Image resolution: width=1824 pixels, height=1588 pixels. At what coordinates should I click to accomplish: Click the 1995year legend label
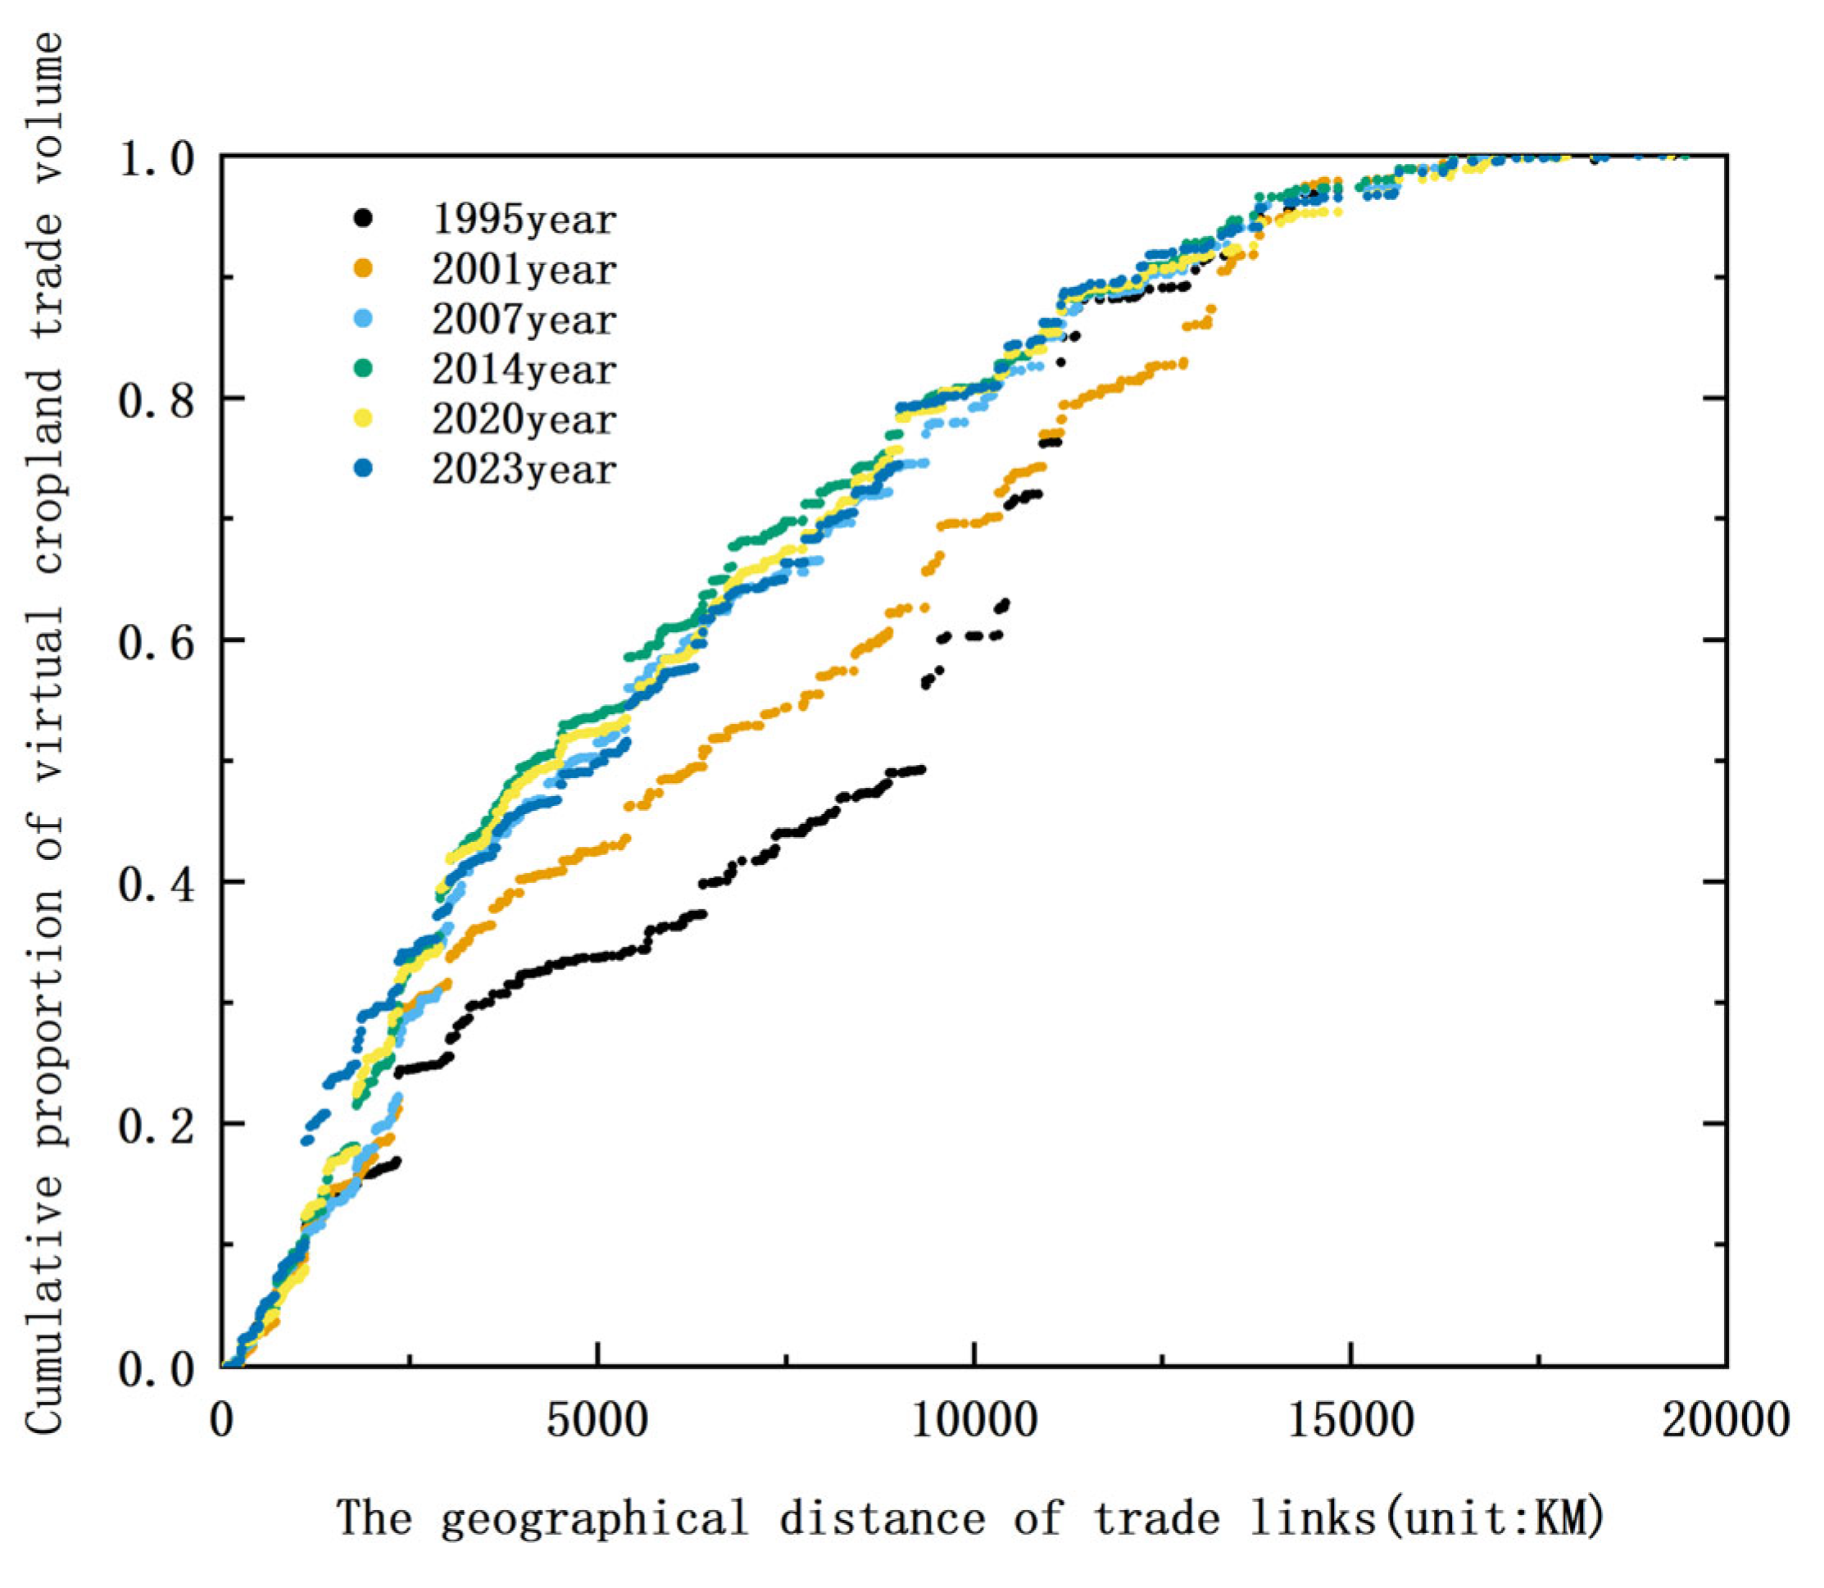click(x=524, y=220)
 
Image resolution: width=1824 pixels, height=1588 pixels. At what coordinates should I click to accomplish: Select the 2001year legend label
click(x=524, y=270)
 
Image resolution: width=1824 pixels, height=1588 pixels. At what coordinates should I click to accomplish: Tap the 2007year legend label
click(x=524, y=320)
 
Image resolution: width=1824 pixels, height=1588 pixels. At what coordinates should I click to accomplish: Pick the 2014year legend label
click(x=524, y=370)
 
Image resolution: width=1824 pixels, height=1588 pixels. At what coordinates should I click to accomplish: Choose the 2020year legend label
click(x=524, y=420)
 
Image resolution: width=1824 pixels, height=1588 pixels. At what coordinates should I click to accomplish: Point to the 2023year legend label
click(x=524, y=470)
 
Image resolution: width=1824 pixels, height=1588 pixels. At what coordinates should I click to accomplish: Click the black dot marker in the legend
click(x=362, y=218)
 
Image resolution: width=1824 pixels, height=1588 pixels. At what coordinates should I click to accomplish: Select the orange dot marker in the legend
click(x=362, y=267)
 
